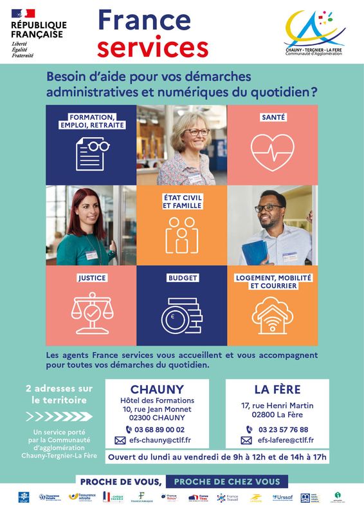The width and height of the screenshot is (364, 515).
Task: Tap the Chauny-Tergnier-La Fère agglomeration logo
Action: (x=314, y=32)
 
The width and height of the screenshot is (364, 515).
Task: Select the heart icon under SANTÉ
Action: (x=272, y=152)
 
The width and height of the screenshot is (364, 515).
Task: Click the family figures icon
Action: (x=181, y=234)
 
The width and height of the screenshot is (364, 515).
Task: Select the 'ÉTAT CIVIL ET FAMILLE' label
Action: (x=182, y=201)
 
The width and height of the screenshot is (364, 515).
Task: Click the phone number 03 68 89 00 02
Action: (x=159, y=429)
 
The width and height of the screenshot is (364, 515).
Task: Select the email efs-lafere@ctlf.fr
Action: (x=286, y=440)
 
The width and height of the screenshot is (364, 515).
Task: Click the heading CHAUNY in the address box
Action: (x=157, y=389)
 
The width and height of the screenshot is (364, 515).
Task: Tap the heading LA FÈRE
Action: (x=277, y=389)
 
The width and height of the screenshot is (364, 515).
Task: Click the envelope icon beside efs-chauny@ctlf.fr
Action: (x=120, y=440)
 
